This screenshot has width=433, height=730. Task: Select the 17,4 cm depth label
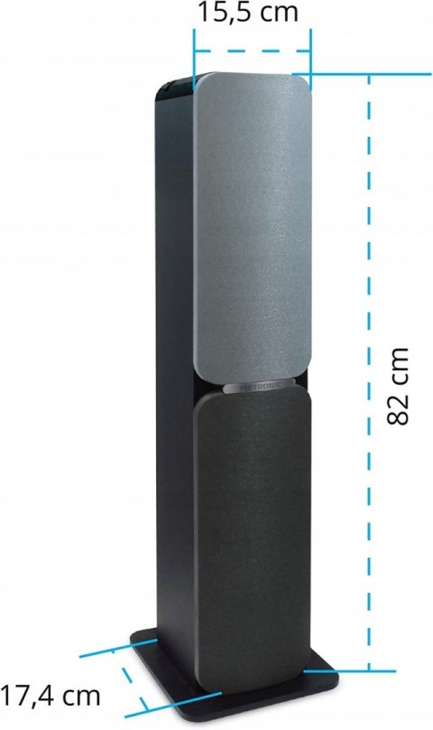50,697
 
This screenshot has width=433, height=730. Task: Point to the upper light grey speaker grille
253,226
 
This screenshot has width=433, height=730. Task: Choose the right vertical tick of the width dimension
309,54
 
